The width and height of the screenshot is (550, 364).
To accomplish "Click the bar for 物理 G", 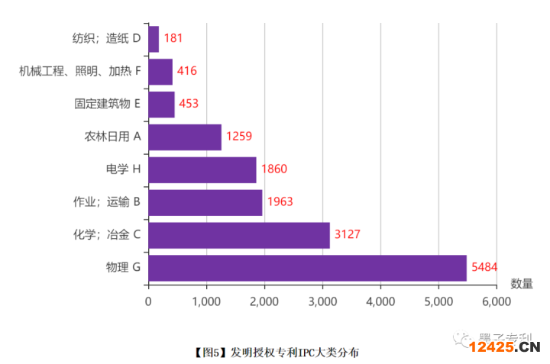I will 307,268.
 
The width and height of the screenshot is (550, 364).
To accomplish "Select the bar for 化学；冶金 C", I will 239,235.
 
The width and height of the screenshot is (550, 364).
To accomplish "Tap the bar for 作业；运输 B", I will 205,202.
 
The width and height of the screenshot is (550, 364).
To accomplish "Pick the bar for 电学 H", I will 202,169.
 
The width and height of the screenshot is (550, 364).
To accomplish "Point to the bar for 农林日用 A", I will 185,137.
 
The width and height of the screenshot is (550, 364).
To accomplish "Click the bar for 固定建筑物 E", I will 162,105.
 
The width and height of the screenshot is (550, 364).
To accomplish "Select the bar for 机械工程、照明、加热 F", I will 160,72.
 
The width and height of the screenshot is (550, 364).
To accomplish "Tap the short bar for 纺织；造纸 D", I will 154,39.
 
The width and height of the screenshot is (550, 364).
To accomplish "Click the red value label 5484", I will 486,268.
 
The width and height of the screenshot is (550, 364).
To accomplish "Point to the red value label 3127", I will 349,235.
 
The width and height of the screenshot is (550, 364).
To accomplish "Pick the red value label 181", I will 173,38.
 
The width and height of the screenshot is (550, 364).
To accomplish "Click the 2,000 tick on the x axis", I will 264,301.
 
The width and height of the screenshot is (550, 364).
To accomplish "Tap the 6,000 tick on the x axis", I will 497,301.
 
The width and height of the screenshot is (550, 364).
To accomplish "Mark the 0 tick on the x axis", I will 148,301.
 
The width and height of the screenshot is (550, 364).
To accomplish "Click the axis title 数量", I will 522,284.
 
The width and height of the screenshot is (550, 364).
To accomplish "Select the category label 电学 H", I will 123,169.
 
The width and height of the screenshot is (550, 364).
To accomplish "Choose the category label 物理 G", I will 123,268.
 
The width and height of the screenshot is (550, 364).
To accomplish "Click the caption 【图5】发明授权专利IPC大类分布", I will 274,352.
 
